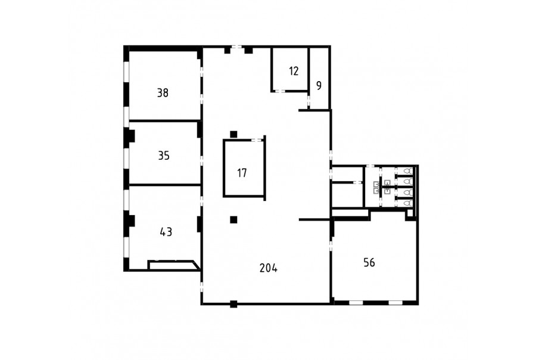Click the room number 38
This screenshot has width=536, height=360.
tap(163, 93)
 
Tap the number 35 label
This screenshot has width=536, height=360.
tap(164, 156)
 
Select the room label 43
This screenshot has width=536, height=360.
tap(166, 232)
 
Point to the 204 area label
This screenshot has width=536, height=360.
tap(269, 268)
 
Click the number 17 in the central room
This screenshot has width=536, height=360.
tap(242, 173)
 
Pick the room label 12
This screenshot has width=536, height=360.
tap(294, 71)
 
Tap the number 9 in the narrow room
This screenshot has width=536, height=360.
tap(319, 86)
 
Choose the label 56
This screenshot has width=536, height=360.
tap(369, 262)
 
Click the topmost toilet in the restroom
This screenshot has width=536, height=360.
tap(408, 170)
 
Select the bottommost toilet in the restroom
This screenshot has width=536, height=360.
tap(408, 203)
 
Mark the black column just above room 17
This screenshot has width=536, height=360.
tap(233, 134)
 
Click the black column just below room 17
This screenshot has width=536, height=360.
tap(233, 220)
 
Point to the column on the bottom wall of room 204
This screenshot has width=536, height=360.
tap(233, 304)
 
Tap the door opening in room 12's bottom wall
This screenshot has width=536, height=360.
tap(280, 91)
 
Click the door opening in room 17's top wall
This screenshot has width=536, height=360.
tap(256, 139)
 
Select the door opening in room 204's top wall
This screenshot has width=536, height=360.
tap(236, 47)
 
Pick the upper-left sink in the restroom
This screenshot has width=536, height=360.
tap(376, 184)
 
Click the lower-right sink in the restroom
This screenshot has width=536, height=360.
tap(387, 190)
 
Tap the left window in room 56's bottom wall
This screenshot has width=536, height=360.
tap(356, 303)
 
